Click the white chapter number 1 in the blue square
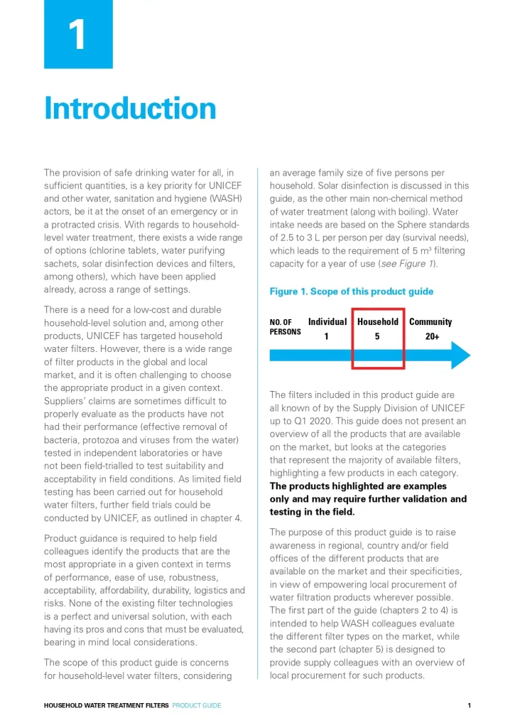coord(78,34)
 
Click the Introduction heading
coord(130,108)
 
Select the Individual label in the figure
coord(327,322)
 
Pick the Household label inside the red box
coord(378,322)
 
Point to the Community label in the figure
coord(430,322)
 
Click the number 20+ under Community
coord(432,337)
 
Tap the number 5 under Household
coord(377,337)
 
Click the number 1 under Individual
coord(327,337)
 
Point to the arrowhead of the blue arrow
coord(462,355)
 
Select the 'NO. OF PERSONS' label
coord(286,327)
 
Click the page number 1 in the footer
coord(470,705)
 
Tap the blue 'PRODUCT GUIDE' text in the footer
coord(197,705)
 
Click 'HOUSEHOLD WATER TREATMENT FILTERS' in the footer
coord(107,705)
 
